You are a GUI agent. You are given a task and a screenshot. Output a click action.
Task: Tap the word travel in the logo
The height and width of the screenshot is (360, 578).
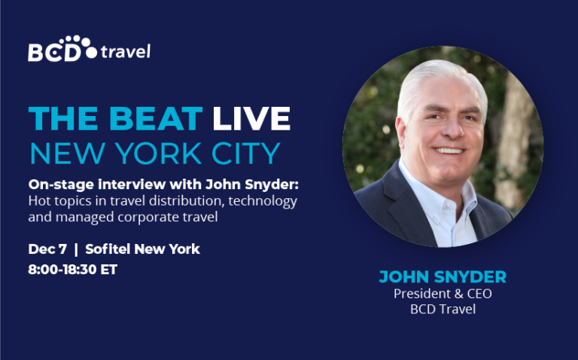coord(126,51)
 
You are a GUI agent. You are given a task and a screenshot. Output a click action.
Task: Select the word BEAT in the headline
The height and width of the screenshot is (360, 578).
coord(156,119)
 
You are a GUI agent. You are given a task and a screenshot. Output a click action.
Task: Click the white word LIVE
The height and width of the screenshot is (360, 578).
coord(251,119)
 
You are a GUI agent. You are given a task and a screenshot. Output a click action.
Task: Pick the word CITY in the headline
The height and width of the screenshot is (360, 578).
coord(246,153)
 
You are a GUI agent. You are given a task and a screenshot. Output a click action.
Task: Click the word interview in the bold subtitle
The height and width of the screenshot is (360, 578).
coord(131,184)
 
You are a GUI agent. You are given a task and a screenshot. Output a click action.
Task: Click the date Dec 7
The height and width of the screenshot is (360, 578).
coord(47,249)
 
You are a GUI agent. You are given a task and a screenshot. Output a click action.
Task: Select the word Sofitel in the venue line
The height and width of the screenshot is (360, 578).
coord(108,249)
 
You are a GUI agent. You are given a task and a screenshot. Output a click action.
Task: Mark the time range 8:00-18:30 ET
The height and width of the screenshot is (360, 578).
coord(72,270)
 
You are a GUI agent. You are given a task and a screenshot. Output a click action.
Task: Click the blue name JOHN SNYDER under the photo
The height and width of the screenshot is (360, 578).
coord(443,276)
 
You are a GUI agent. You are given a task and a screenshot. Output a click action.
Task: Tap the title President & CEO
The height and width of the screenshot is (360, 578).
coord(443,294)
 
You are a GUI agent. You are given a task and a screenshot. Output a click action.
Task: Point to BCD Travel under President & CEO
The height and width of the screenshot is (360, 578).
coord(443,309)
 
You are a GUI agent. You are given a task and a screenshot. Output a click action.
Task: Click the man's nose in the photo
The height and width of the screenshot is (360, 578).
coord(452,130)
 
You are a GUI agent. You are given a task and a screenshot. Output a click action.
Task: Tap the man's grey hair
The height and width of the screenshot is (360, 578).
coord(439,79)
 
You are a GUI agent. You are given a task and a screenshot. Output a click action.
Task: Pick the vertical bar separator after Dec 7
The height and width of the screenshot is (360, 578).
coord(76,249)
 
